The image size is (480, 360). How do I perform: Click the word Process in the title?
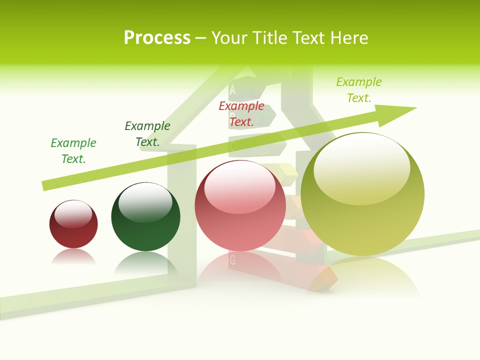[x=157, y=37]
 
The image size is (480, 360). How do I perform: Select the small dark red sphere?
[x=73, y=225]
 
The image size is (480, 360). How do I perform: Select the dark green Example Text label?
[x=147, y=134]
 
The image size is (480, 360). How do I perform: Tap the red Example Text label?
[x=241, y=113]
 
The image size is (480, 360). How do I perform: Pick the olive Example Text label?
[x=359, y=90]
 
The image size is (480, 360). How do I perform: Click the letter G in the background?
[x=232, y=260]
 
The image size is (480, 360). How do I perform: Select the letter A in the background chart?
[x=232, y=90]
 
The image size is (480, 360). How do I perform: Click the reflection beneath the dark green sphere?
[x=145, y=262]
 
